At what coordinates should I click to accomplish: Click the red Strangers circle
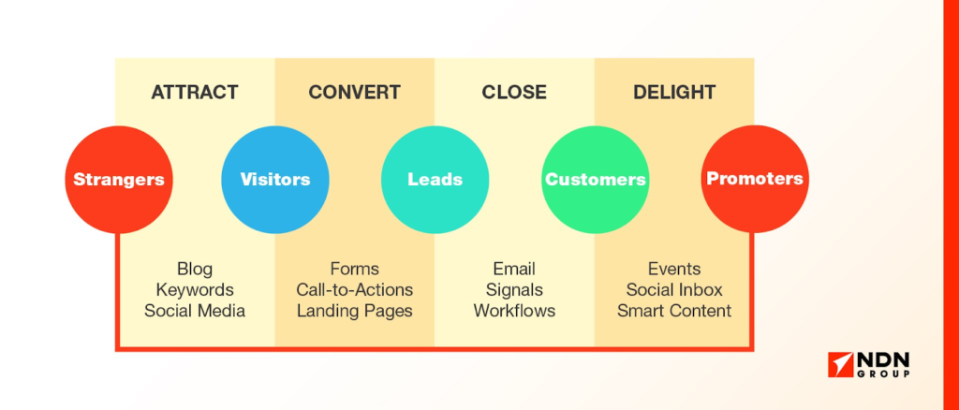119,179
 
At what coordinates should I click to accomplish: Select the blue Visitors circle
274,179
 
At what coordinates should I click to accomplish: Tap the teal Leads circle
435,179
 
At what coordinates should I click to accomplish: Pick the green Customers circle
595,179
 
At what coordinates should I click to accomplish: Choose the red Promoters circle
754,179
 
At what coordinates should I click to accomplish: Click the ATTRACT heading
195,93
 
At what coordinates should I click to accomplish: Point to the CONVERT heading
354,93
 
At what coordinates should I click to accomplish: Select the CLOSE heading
514,93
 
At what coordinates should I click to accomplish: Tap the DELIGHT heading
674,93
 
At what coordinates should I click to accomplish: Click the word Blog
195,270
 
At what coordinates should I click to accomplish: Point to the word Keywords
195,290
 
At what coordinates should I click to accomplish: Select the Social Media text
195,311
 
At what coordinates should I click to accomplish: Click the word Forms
354,270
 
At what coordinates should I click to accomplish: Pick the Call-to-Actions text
354,290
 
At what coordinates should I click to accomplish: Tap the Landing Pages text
354,311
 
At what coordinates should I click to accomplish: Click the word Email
514,270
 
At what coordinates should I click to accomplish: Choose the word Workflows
514,311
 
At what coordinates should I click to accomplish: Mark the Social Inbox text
674,290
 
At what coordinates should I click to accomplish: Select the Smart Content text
674,311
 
